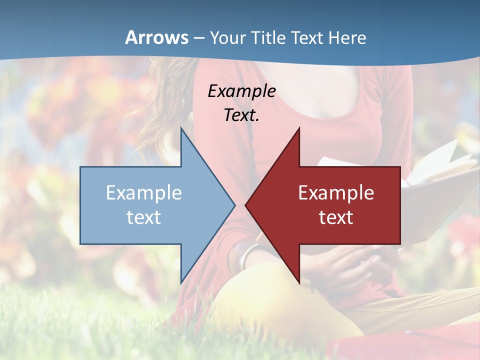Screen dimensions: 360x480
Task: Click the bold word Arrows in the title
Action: coord(157,37)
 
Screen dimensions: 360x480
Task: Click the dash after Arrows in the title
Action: coord(198,38)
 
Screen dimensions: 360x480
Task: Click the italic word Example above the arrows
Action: coord(241,91)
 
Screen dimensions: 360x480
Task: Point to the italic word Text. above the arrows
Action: coord(241,115)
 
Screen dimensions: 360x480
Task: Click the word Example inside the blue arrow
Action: coord(143,193)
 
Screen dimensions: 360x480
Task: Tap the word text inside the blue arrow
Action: coord(143,217)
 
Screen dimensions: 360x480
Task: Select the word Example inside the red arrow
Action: coord(336,193)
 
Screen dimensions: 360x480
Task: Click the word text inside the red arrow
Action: coord(336,217)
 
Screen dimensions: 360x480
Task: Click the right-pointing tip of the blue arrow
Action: coord(234,205)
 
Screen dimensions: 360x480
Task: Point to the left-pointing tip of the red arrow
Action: coord(246,205)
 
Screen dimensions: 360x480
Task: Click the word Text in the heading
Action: coord(308,37)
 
